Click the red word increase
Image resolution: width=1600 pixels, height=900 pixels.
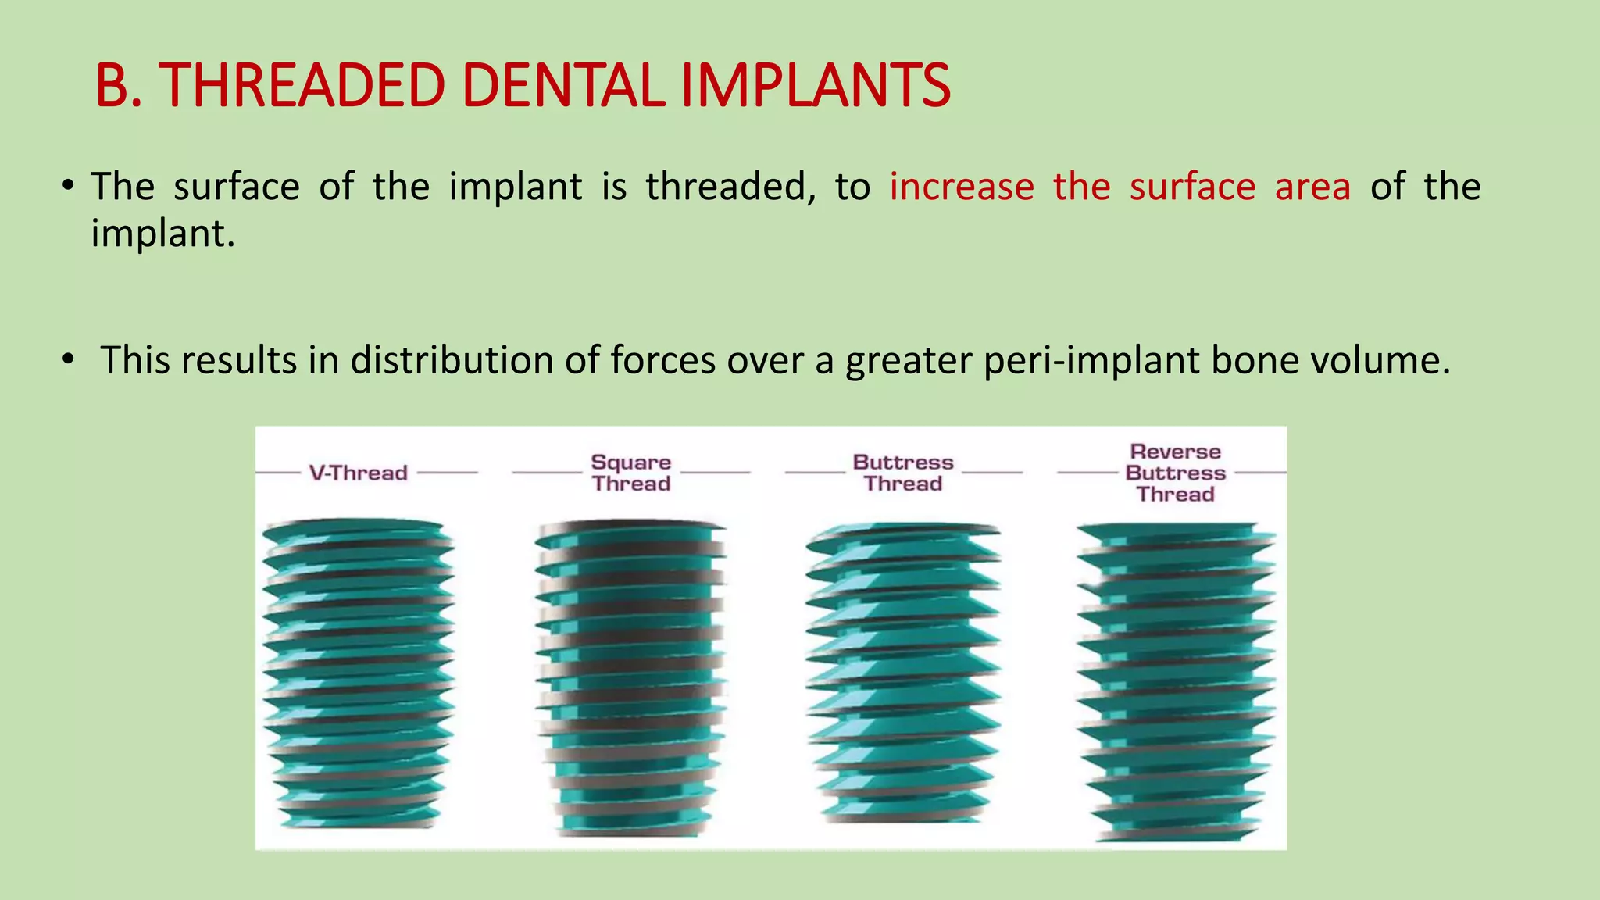[962, 187]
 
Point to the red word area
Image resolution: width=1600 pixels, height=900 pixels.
[1312, 187]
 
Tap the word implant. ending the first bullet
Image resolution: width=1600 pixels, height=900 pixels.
[162, 234]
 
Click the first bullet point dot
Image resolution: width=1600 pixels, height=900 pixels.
[69, 186]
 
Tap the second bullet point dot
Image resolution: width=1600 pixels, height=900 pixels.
[69, 359]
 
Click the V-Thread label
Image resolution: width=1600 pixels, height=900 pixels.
[359, 473]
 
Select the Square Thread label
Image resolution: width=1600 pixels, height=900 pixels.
[630, 473]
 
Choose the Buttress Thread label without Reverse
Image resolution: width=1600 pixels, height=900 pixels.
[903, 473]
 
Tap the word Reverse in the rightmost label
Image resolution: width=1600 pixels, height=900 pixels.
[1175, 452]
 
